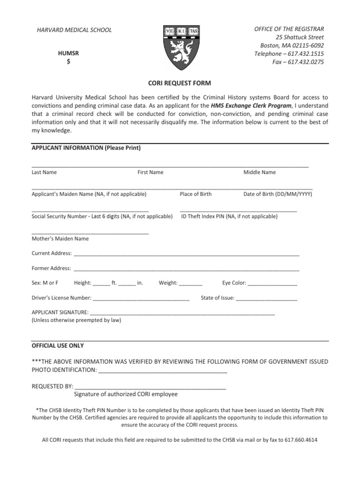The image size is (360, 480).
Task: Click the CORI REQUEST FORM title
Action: [180, 83]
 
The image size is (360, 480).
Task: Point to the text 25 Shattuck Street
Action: [300, 37]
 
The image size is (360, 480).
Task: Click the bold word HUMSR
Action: [68, 53]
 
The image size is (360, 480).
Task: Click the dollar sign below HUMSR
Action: [68, 62]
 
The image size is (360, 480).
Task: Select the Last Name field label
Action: [44, 172]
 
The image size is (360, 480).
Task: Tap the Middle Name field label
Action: [259, 172]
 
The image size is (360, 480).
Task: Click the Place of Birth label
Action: [195, 194]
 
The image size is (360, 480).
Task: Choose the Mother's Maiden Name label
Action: [60, 239]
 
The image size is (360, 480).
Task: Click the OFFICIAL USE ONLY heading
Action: [58, 346]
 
